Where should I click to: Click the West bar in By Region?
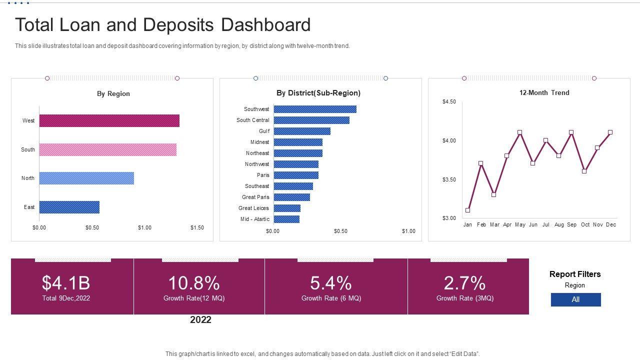109,120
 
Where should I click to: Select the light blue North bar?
86,178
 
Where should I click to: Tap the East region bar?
69,207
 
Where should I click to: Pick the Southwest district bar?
315,109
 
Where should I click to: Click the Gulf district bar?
302,131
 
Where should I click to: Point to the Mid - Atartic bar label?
254,219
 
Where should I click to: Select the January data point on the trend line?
467,210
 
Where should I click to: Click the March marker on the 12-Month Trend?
494,194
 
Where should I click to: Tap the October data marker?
584,171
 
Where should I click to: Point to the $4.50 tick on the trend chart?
449,101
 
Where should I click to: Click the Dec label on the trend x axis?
611,225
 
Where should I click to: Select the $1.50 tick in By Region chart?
197,227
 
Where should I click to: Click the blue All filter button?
575,299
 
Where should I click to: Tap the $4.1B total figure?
66,283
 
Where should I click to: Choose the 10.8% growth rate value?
194,283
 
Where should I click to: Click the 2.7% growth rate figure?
464,283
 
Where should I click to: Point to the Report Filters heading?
575,274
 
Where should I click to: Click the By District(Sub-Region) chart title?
318,93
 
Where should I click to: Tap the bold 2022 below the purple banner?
200,320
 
